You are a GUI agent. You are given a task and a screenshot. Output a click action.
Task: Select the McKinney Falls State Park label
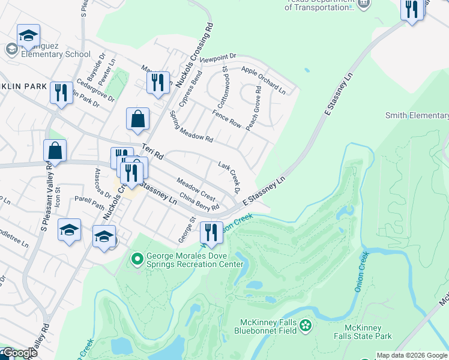368,332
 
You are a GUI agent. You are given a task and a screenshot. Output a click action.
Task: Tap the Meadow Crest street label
196,189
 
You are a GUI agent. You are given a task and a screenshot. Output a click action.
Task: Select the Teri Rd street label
152,151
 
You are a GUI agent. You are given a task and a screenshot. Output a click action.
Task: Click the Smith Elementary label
417,116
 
